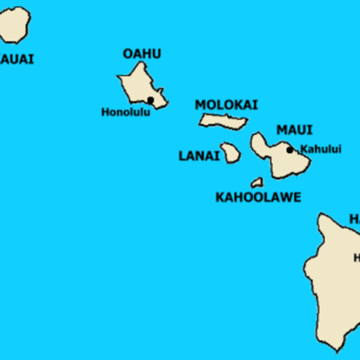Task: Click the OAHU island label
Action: (x=141, y=54)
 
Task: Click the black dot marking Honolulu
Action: (x=150, y=100)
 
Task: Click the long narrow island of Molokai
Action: (x=223, y=121)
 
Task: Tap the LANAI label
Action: (x=199, y=156)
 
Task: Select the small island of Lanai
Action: (x=231, y=153)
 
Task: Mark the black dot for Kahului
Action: (x=290, y=149)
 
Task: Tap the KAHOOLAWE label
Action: (x=258, y=196)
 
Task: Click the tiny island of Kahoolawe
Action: (x=257, y=182)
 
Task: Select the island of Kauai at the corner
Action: (x=14, y=25)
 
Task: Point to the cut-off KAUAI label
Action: (x=17, y=59)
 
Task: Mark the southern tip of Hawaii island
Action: (x=334, y=349)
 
